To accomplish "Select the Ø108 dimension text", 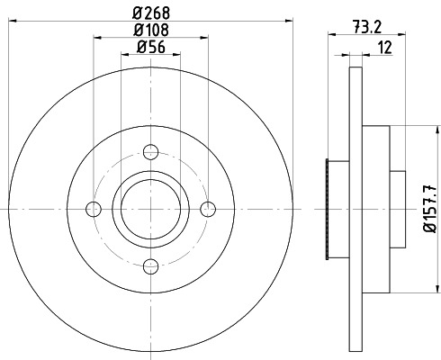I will (151, 31).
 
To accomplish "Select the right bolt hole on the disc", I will (209, 209).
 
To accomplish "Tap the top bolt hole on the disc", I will (151, 151).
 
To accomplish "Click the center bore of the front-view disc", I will (151, 209).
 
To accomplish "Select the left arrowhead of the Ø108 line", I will (97, 38).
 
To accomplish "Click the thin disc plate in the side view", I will (355, 209).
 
